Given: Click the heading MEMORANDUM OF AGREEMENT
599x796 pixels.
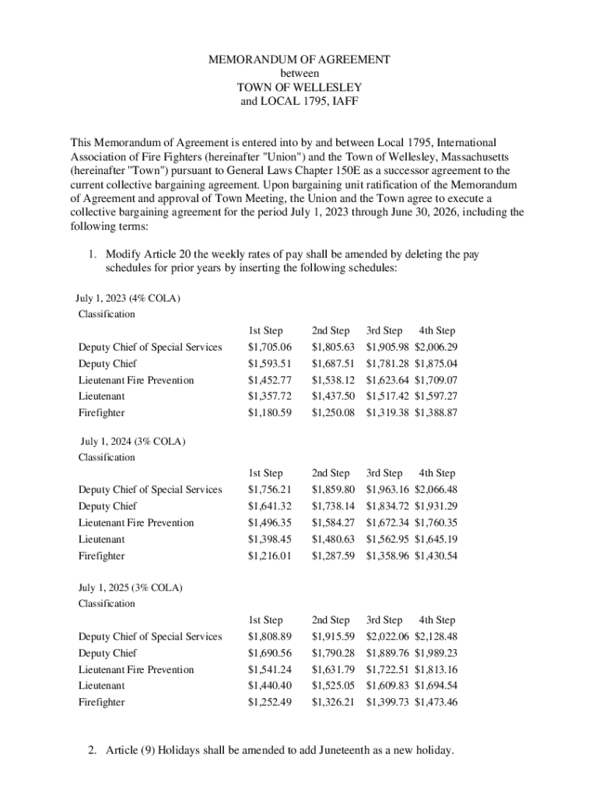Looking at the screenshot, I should (299, 59).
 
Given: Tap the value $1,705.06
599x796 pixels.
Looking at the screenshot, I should (269, 347).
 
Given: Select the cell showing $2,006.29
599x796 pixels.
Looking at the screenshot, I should (436, 347).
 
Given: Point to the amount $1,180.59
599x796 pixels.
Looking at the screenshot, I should (269, 413).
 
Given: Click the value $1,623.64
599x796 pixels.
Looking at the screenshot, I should (387, 380).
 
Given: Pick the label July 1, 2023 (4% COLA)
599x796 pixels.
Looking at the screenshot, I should (128, 298).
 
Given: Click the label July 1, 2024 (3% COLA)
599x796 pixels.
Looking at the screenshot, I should (133, 441).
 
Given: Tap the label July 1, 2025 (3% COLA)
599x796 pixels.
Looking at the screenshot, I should (131, 587).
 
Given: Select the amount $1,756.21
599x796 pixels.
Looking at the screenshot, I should (269, 490).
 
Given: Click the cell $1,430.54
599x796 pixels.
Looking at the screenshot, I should (436, 556).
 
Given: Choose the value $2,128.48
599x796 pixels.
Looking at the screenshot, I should (436, 637).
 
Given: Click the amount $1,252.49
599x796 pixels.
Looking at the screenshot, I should (269, 702).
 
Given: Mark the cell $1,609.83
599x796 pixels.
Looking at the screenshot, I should (387, 686).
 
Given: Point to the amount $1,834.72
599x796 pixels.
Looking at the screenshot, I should (387, 506).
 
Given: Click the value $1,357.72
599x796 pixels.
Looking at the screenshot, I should (269, 396).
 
